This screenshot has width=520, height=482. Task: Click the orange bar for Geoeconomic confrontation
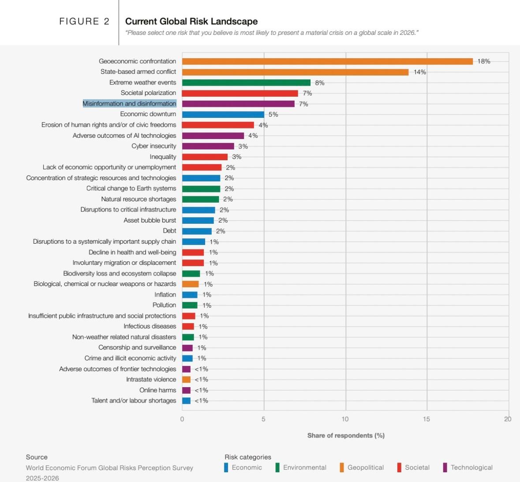pyautogui.click(x=327, y=61)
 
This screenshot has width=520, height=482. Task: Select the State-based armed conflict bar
pyautogui.click(x=295, y=72)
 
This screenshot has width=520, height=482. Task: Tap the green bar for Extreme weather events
pyautogui.click(x=246, y=83)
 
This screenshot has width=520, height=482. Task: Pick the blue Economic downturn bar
pyautogui.click(x=223, y=114)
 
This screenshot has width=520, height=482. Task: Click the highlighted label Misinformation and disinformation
pyautogui.click(x=130, y=104)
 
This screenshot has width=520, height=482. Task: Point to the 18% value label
pyautogui.click(x=484, y=61)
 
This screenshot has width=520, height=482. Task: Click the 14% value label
pyautogui.click(x=419, y=72)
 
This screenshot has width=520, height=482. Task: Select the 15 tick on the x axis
pyautogui.click(x=426, y=419)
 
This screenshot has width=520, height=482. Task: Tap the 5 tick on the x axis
pyautogui.click(x=263, y=419)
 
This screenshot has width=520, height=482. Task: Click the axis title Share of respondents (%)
pyautogui.click(x=346, y=436)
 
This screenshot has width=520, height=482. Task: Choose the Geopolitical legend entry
pyautogui.click(x=365, y=467)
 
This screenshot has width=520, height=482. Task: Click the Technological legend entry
pyautogui.click(x=471, y=467)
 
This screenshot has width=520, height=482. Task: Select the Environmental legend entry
pyautogui.click(x=304, y=467)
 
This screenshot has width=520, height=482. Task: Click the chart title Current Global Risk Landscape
pyautogui.click(x=191, y=21)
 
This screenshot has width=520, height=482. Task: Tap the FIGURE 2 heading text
pyautogui.click(x=84, y=21)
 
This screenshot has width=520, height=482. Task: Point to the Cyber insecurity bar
pyautogui.click(x=208, y=146)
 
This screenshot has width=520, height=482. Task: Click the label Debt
pyautogui.click(x=169, y=231)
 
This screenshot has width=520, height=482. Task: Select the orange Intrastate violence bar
pyautogui.click(x=186, y=380)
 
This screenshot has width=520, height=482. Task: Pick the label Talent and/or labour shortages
pyautogui.click(x=134, y=401)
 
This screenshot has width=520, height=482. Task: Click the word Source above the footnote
pyautogui.click(x=37, y=457)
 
